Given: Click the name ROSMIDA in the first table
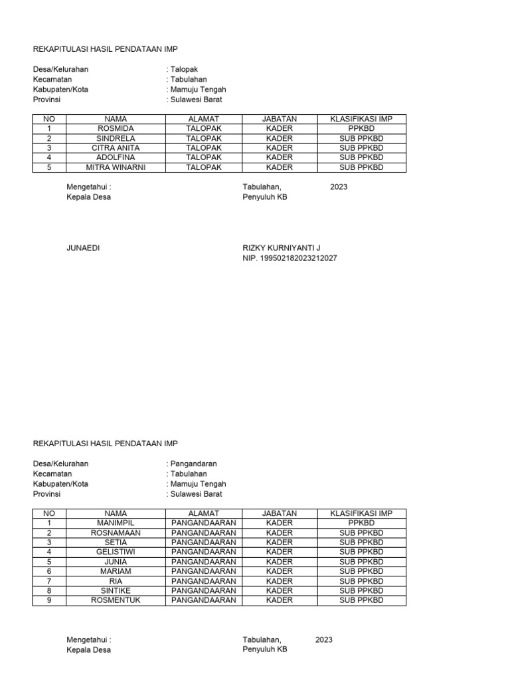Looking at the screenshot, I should [116, 128].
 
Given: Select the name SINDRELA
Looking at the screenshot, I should [116, 138].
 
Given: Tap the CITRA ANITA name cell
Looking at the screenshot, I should [116, 148].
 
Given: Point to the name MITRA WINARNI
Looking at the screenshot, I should [116, 167].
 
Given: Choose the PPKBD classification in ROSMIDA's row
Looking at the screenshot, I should [361, 128].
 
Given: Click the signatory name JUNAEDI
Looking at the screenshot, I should [83, 248].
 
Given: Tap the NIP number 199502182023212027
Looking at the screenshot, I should [290, 258].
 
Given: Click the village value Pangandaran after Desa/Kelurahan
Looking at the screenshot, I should [193, 464].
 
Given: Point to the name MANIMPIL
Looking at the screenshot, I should [116, 523].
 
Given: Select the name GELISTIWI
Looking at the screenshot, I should [116, 552].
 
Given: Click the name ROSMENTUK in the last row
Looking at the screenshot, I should [116, 600].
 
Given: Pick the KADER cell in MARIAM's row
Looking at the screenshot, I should [279, 571].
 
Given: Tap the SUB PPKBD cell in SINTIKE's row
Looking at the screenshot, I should [361, 590].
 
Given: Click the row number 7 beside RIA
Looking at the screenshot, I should [48, 581].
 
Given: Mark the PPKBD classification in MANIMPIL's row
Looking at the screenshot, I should [361, 523].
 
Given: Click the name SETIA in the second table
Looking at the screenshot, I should [116, 543].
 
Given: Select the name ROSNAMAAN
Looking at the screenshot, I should [116, 533].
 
